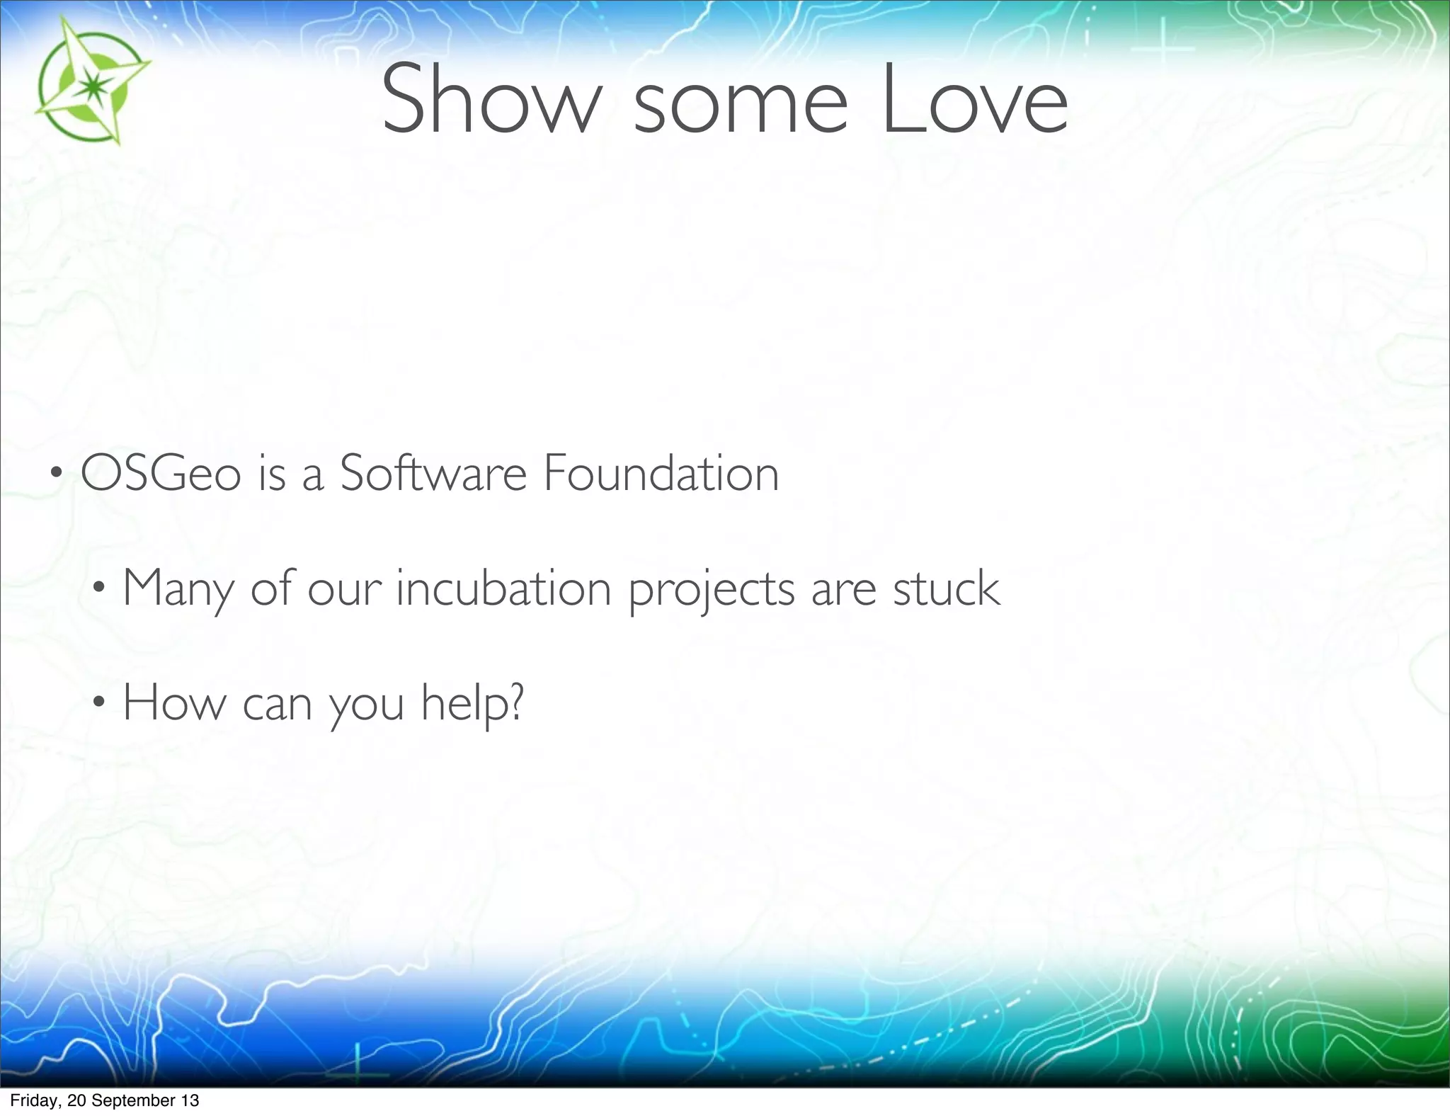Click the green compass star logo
[90, 84]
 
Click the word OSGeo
[161, 473]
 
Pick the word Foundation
[661, 473]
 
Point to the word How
[174, 702]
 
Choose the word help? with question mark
[472, 702]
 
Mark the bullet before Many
[99, 588]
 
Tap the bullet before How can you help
[99, 702]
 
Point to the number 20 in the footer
[76, 1100]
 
